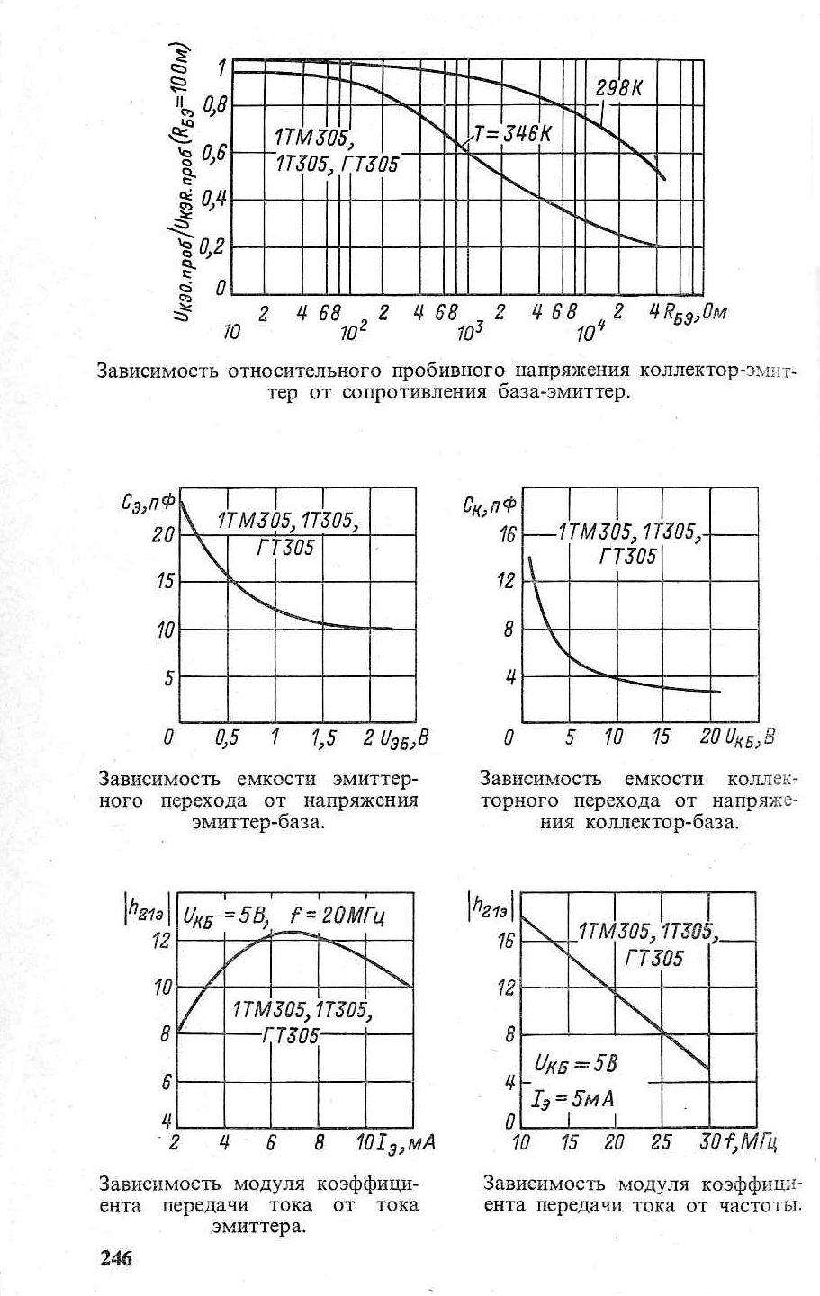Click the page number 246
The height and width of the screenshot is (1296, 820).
tap(115, 1257)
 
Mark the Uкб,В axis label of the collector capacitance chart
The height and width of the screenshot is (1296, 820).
tap(750, 738)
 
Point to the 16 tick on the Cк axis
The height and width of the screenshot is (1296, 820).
tap(508, 536)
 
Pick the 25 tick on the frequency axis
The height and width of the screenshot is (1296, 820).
tap(662, 1143)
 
